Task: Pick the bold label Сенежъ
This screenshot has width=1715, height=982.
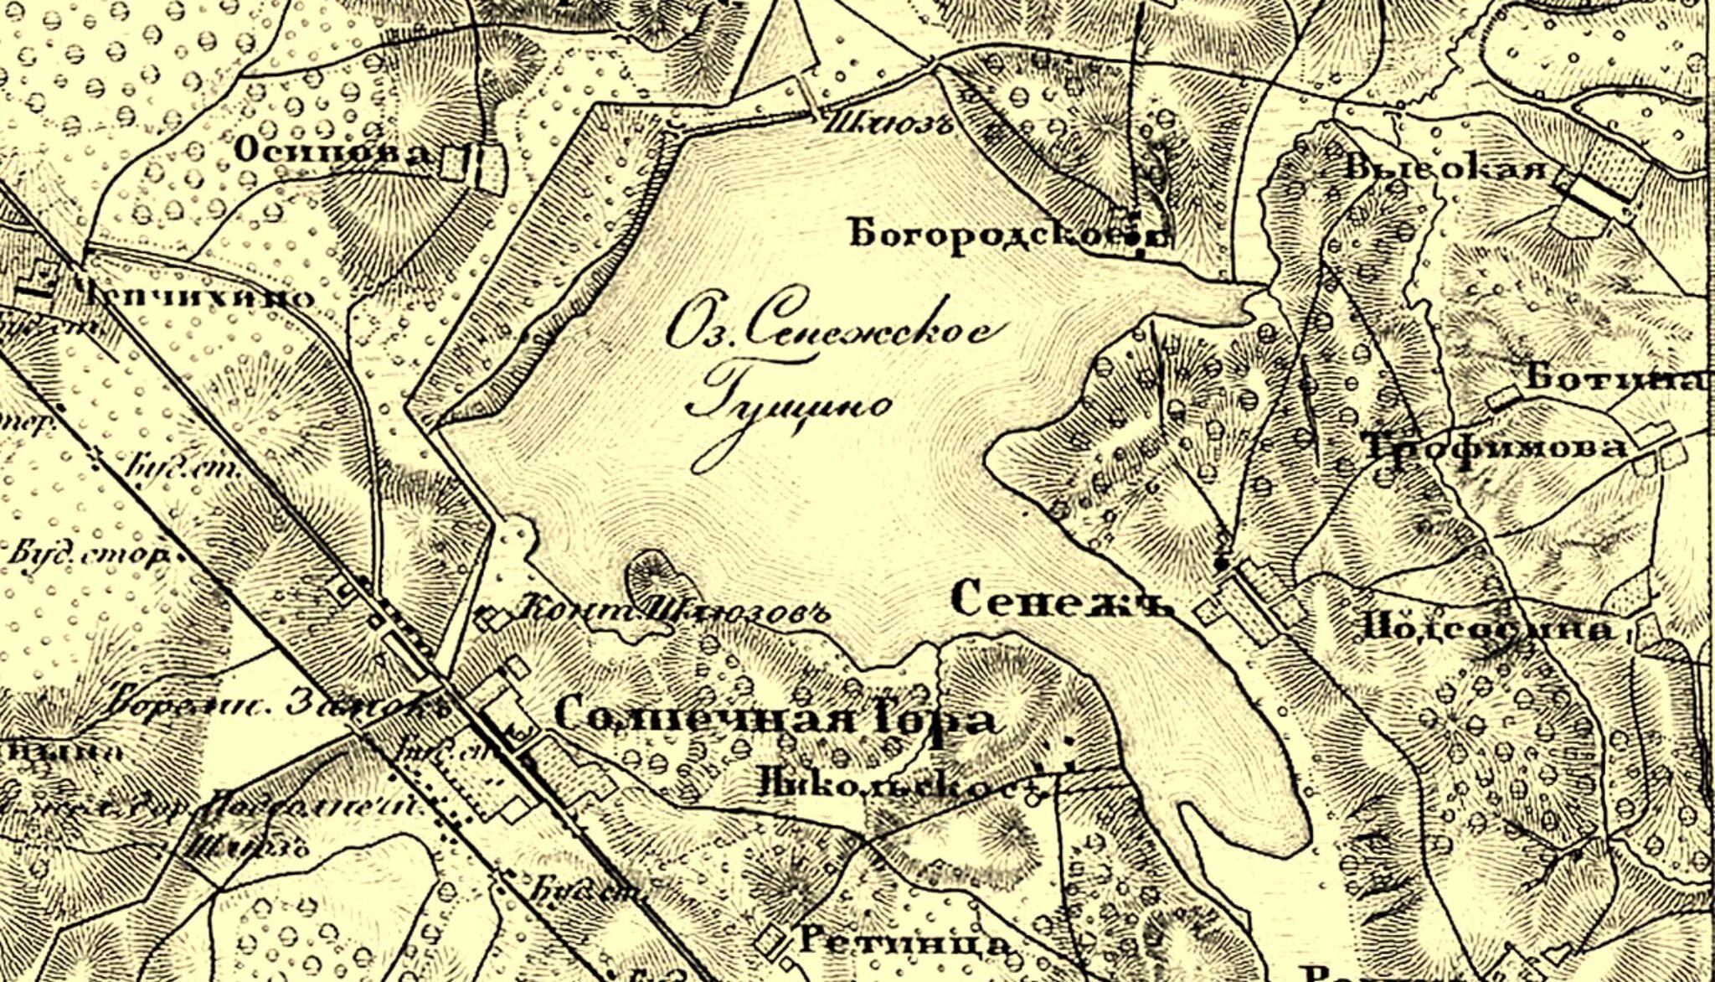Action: coord(1062,601)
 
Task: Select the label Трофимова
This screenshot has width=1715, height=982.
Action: coord(1495,447)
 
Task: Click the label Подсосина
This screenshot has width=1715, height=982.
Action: coord(1486,628)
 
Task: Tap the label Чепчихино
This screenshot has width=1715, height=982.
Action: coord(197,297)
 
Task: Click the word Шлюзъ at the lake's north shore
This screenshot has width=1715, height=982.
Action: coord(888,126)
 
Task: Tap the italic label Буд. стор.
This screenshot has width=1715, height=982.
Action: coord(88,555)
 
